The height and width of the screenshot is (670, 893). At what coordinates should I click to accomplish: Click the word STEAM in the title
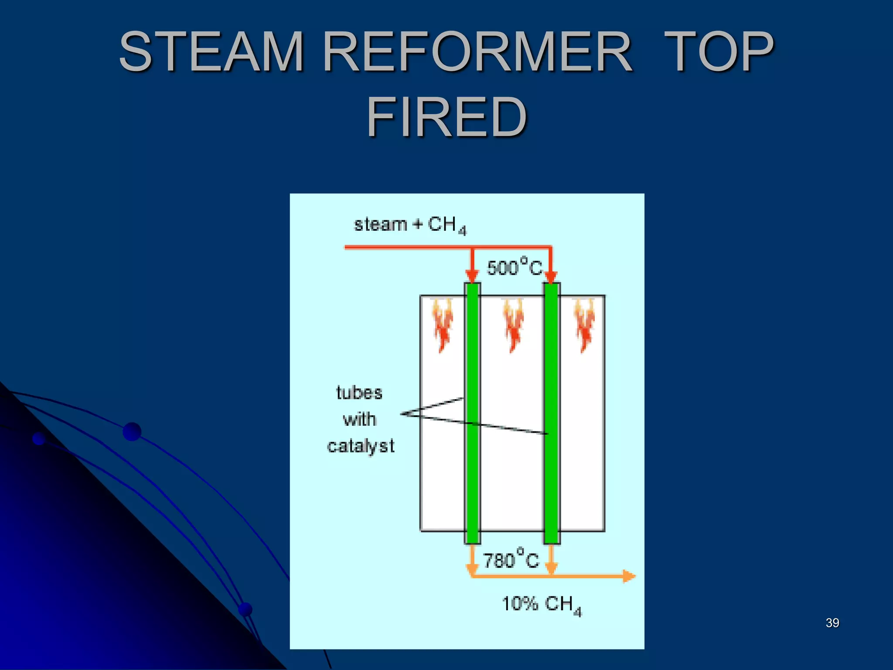coord(211,51)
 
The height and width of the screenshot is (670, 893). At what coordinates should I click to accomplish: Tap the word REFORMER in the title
coord(478,51)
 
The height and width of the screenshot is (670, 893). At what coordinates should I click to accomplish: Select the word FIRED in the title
coord(446,117)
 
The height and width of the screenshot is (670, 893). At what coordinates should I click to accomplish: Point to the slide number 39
coord(832,623)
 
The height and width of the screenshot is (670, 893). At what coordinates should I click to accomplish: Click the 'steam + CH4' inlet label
coord(410,225)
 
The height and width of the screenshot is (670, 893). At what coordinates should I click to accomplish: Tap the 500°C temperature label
coord(515,267)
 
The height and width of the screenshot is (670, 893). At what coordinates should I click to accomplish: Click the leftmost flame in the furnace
coord(443,325)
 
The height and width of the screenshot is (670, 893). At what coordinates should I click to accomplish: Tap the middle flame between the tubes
coord(513,325)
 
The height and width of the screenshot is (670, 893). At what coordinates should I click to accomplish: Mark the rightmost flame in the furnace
coord(585,325)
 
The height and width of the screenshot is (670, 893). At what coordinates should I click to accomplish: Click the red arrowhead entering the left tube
coord(472,276)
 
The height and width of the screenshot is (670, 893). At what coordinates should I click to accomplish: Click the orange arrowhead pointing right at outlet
coord(628,576)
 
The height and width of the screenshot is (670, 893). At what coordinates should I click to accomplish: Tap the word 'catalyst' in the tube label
coord(361,446)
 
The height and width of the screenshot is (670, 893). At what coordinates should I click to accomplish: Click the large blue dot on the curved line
coord(132,431)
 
